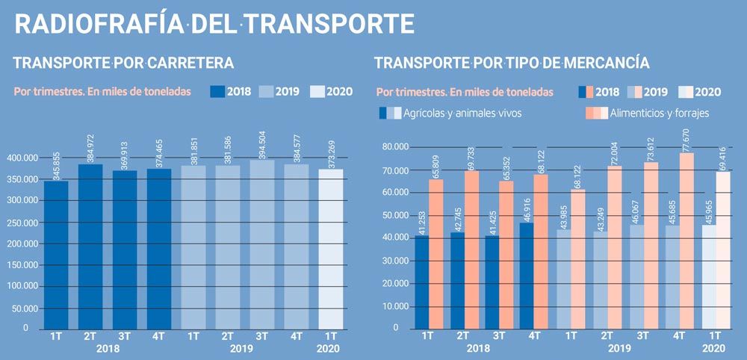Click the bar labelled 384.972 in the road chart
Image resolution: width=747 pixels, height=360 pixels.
90,246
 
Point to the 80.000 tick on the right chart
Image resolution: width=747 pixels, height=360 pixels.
394,147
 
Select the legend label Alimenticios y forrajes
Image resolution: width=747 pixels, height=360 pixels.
660,114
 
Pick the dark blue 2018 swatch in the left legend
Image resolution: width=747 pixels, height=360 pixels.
217,92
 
